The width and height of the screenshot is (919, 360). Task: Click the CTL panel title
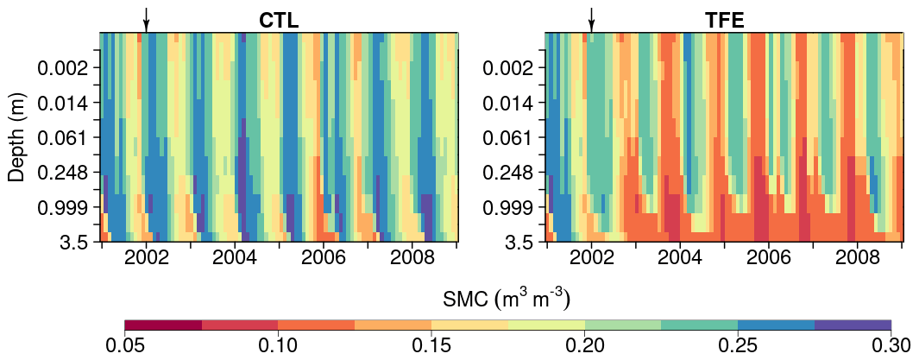(279, 21)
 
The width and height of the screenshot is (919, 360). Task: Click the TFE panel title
(724, 21)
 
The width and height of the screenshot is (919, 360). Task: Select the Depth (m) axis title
(16, 138)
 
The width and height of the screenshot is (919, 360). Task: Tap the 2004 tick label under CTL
(235, 258)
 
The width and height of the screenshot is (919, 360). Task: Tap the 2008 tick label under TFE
(858, 258)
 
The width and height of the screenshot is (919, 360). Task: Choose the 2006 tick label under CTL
(324, 258)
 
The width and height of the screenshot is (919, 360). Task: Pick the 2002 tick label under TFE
(591, 258)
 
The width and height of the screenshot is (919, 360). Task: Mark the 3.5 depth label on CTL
(75, 243)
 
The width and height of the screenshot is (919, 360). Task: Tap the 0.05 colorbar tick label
(125, 346)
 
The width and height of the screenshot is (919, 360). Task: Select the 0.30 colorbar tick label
(891, 346)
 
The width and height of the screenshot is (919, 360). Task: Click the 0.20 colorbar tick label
(584, 346)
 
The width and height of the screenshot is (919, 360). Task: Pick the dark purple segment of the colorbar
(853, 325)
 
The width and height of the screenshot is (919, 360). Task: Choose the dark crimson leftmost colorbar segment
(163, 325)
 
